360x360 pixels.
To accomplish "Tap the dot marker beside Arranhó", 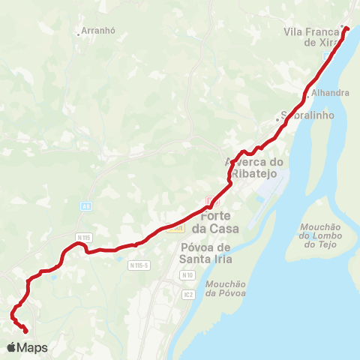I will tap(79, 33).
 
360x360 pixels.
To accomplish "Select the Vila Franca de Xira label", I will tap(313, 37).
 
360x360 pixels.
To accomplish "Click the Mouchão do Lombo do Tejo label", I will tap(320, 235).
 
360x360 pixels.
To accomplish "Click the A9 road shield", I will tap(85, 204).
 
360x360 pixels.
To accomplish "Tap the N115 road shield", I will tap(83, 237).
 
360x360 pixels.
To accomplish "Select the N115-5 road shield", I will tap(139, 265).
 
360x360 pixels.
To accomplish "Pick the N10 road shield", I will tap(187, 275).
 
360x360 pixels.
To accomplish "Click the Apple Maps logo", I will tap(27, 348).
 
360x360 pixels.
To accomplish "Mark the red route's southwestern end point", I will tap(26, 331).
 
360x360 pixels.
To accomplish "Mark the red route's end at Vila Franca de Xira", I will tap(346, 29).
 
